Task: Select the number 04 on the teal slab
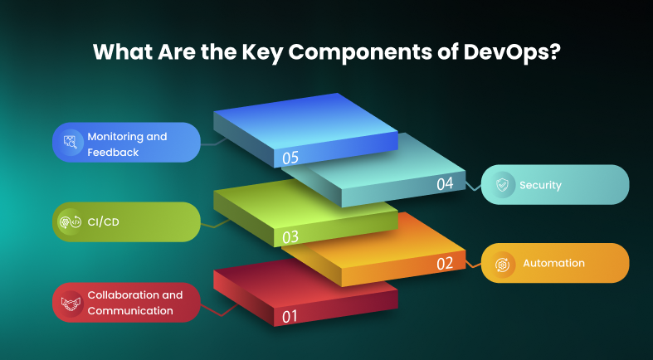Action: pos(445,184)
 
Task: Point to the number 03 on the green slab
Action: pos(290,237)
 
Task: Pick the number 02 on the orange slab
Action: pos(445,264)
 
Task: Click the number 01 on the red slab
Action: pos(290,316)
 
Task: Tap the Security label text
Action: pos(540,185)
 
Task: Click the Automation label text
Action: pos(553,263)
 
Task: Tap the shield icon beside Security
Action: pos(502,185)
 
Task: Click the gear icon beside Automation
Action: pos(502,264)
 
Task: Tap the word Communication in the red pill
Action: pos(130,311)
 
